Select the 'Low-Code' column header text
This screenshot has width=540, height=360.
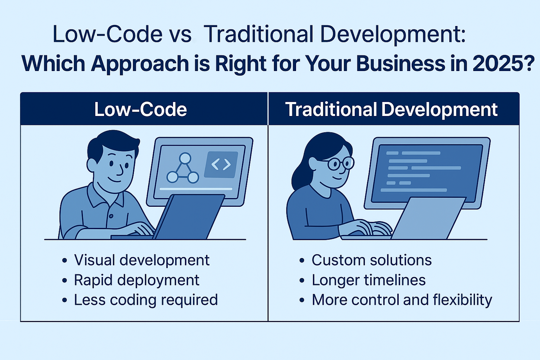[141, 109]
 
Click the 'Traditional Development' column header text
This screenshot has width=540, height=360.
[391, 110]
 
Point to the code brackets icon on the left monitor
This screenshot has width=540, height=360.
[221, 164]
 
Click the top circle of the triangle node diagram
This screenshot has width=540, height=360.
[185, 158]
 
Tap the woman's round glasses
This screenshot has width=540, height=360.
[341, 164]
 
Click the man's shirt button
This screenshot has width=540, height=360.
[111, 216]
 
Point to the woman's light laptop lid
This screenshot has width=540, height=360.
[428, 218]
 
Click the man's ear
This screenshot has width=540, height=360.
[92, 165]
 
